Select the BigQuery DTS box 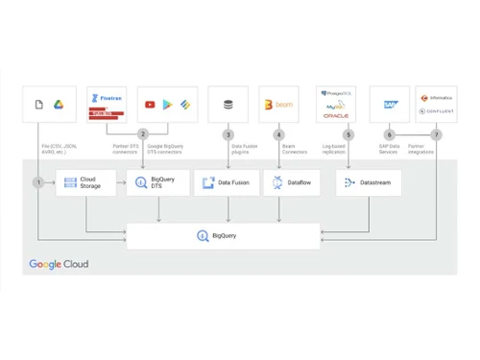[x=157, y=182]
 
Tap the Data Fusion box [x=227, y=182]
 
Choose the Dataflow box [x=291, y=182]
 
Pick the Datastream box [x=369, y=182]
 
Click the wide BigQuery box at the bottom [x=224, y=235]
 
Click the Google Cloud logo [x=60, y=264]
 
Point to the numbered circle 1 [x=37, y=181]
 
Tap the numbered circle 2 [x=143, y=134]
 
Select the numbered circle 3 [x=228, y=134]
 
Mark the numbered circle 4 [x=278, y=134]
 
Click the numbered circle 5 [x=348, y=134]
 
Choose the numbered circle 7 [x=436, y=134]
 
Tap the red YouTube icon [x=151, y=104]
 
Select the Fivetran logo [x=106, y=98]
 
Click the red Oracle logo [x=336, y=115]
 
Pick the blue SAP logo [x=390, y=104]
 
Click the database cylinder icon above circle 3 [x=228, y=104]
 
